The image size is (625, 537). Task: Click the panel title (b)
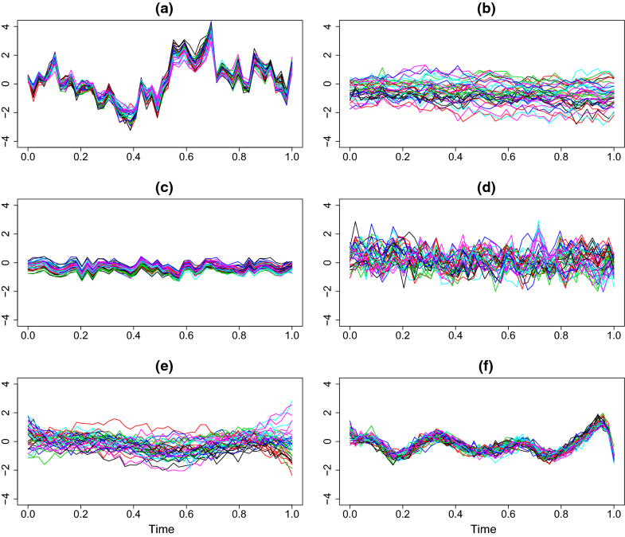(x=482, y=9)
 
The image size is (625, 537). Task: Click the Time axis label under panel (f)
(x=482, y=528)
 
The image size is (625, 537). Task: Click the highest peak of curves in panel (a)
(x=211, y=22)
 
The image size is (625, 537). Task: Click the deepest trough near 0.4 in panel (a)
(x=131, y=128)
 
